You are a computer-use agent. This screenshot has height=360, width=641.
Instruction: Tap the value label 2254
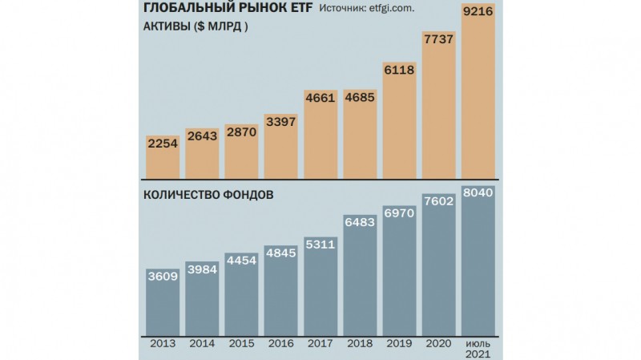tap(163, 143)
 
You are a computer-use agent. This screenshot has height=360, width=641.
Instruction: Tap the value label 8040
tap(479, 192)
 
